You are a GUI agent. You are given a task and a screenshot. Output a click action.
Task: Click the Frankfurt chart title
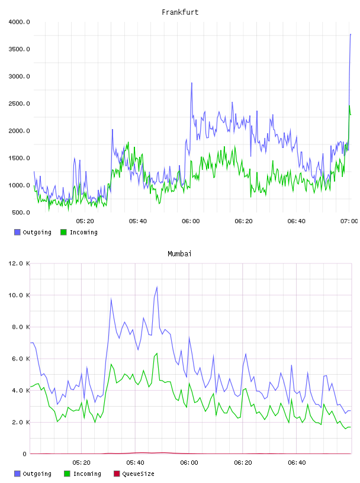(x=180, y=12)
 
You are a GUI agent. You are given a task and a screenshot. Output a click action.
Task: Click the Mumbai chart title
(x=179, y=254)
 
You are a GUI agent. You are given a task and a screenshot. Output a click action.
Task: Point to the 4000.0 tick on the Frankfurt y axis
(x=19, y=22)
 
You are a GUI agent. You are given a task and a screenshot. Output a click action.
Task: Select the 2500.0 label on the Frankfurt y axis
(x=19, y=104)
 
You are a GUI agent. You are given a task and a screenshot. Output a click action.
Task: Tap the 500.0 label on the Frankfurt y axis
(x=21, y=212)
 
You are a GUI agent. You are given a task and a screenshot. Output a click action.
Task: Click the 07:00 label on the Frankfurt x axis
(x=349, y=221)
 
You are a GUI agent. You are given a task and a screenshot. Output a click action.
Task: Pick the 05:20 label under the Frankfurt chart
(x=85, y=221)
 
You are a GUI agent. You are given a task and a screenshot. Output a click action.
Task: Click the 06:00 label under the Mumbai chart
(x=189, y=463)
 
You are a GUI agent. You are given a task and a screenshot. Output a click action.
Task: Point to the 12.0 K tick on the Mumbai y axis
(x=19, y=263)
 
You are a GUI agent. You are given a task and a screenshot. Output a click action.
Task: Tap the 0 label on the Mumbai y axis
(x=25, y=454)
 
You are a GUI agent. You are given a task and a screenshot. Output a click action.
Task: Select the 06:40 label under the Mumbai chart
(x=297, y=463)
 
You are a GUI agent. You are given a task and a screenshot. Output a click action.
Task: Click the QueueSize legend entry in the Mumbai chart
(x=134, y=474)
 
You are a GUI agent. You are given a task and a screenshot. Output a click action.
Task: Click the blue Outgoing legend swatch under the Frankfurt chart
(x=17, y=232)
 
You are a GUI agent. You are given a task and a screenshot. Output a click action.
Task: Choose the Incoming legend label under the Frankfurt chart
(x=83, y=232)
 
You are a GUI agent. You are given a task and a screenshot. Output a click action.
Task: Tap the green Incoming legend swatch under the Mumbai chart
(x=67, y=474)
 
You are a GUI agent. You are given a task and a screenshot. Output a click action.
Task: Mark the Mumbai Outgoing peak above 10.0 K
(x=157, y=286)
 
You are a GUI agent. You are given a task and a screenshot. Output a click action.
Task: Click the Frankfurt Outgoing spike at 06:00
(x=192, y=83)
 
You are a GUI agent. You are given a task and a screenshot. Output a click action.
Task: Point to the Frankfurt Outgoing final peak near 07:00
(x=351, y=34)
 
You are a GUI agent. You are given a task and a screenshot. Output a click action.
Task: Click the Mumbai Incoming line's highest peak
(x=157, y=353)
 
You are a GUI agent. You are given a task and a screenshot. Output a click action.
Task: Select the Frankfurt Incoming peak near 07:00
(x=349, y=106)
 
